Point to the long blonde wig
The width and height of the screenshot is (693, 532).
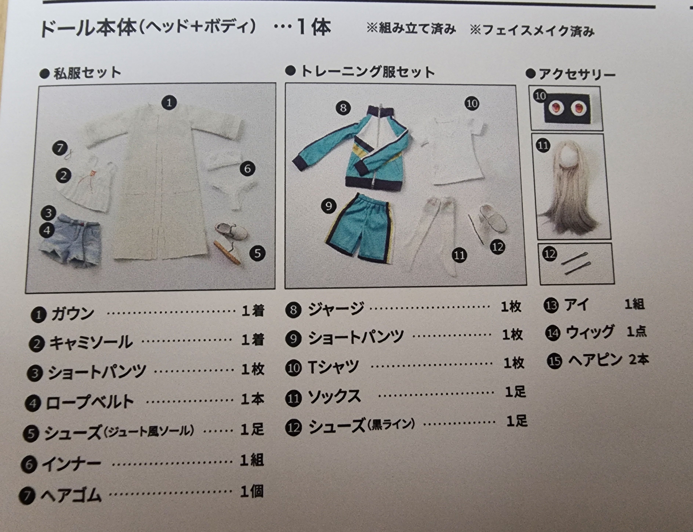569,185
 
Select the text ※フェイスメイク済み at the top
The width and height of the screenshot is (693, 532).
532,31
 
